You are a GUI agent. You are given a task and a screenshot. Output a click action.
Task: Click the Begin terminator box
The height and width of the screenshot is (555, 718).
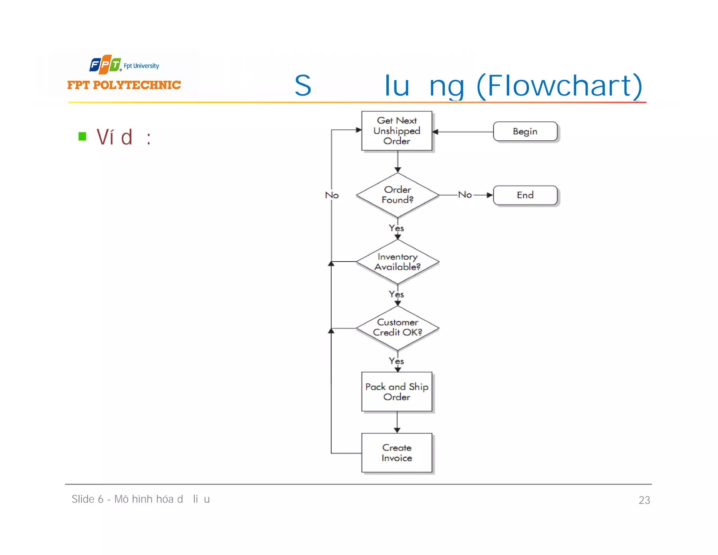coord(525,132)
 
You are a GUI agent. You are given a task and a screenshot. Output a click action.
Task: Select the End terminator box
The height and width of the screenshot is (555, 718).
coord(525,195)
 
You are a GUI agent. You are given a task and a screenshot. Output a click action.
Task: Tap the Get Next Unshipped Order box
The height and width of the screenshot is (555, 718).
coord(397,131)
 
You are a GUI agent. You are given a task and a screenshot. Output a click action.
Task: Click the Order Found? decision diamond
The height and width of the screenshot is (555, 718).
coord(397,195)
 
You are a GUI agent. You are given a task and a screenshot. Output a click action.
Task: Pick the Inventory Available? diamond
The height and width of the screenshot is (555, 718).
coord(397,262)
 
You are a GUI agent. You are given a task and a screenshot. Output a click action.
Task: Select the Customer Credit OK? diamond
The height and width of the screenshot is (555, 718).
coord(397,328)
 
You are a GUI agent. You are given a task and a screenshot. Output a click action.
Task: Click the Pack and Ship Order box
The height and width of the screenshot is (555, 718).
coord(397,392)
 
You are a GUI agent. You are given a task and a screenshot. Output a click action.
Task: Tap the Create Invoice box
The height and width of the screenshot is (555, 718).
coord(397,453)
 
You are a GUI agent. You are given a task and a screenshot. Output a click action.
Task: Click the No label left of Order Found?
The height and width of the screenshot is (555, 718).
coord(332,195)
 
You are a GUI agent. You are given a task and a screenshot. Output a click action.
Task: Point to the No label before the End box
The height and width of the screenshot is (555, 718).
coord(465,194)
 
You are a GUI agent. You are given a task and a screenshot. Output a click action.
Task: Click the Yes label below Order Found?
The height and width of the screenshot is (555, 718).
coord(396,228)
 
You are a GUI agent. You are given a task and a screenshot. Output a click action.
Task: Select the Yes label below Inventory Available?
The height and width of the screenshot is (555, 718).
coord(396,294)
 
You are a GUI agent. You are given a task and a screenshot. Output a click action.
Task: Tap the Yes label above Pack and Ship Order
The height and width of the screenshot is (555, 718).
coord(396,361)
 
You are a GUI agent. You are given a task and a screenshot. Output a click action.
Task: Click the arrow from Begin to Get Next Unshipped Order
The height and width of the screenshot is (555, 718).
coord(463,132)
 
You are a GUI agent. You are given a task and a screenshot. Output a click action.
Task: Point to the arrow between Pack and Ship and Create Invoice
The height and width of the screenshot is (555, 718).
coord(397,422)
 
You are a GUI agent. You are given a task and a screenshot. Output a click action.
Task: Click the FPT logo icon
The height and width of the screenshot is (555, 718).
coord(105,65)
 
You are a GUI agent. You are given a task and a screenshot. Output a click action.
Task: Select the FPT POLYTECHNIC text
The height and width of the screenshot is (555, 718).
coord(124,85)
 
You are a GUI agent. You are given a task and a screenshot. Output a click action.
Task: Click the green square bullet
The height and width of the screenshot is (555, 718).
coord(82,136)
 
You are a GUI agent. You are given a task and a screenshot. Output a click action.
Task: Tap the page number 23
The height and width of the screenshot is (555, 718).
coord(644,500)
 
